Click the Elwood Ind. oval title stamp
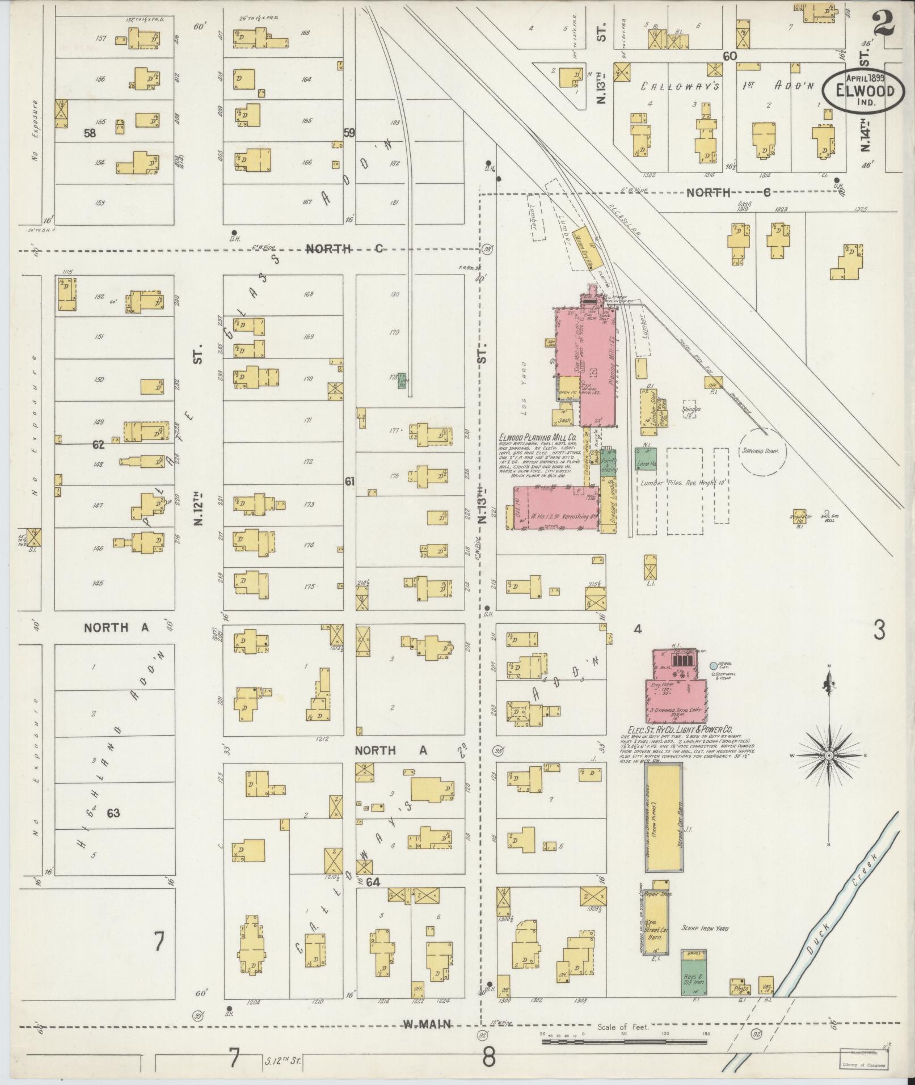860,90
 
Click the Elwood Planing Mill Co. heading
537,438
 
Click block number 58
89,133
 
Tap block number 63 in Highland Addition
113,813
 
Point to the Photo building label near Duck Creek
739,988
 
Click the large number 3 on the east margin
879,630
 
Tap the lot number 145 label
98,583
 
